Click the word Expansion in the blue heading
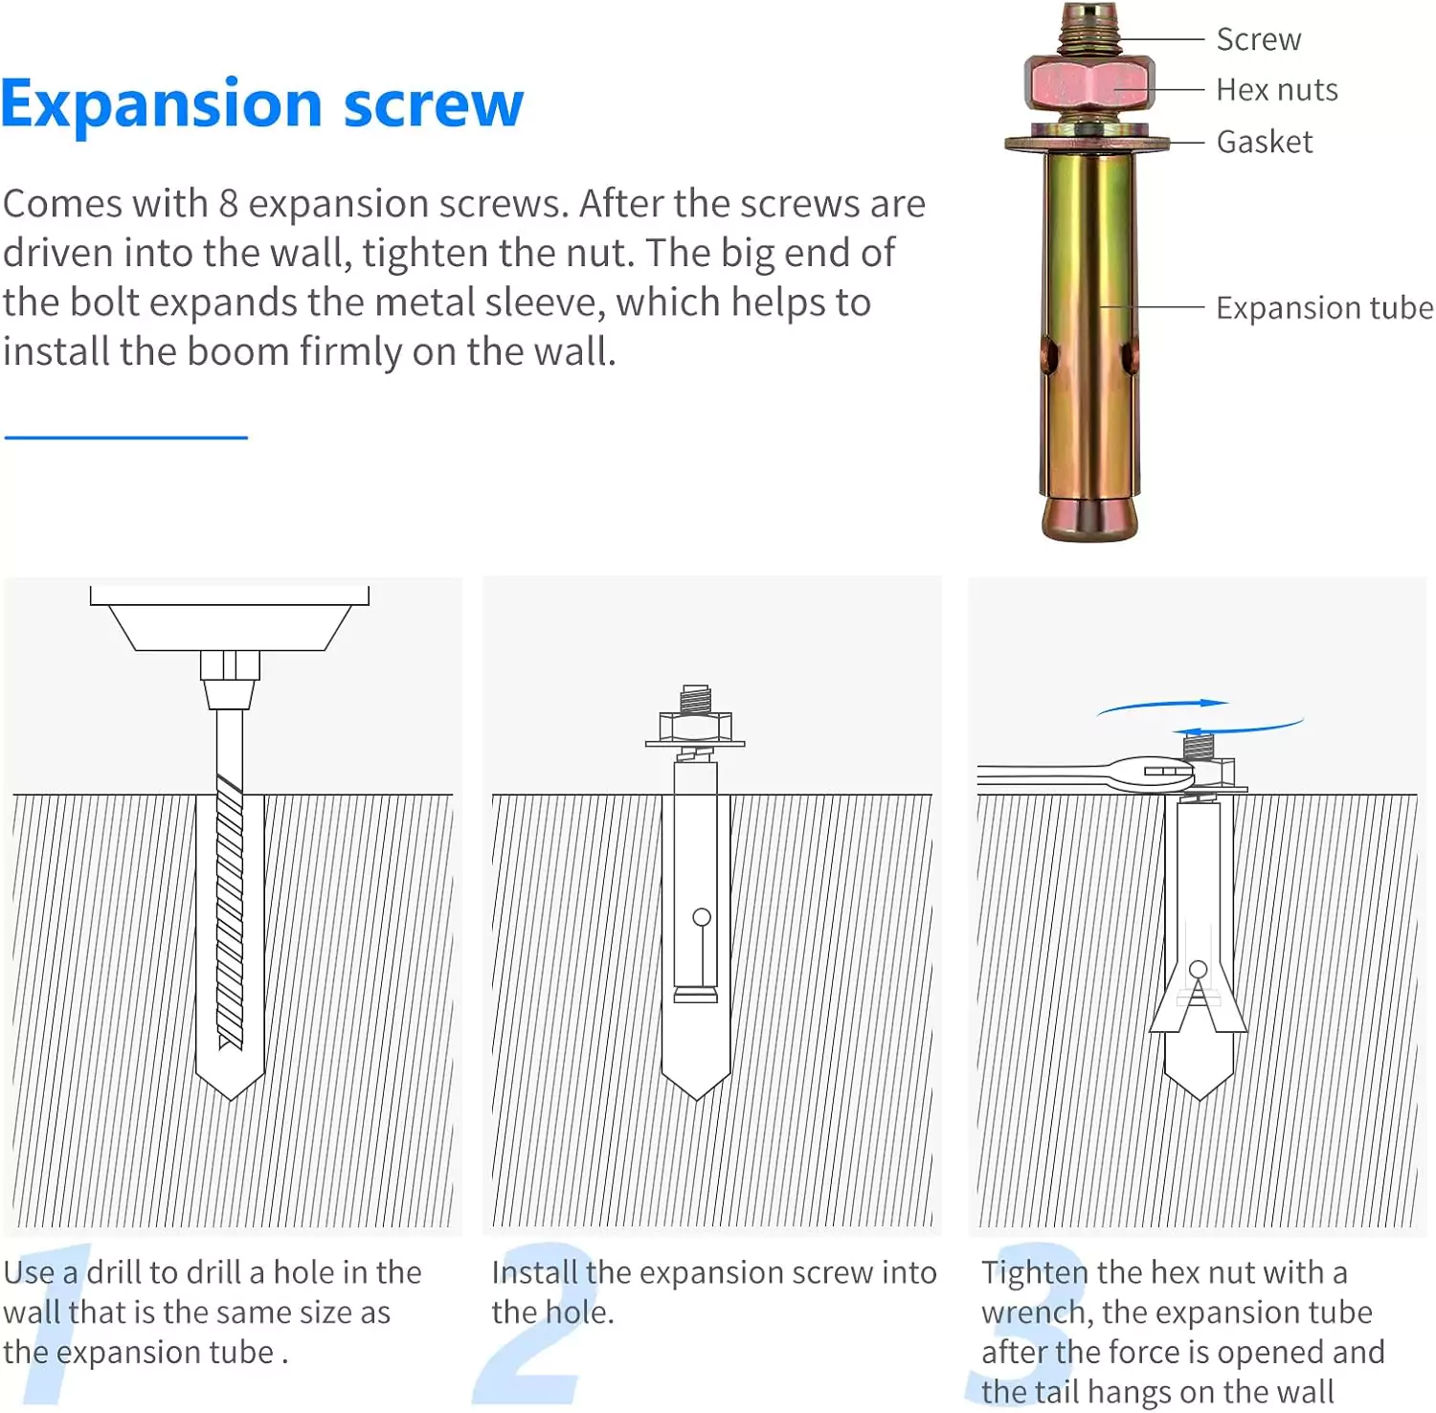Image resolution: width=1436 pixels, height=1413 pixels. (x=161, y=105)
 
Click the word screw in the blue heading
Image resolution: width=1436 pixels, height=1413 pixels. (x=434, y=105)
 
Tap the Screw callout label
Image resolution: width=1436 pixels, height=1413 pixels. (x=1258, y=39)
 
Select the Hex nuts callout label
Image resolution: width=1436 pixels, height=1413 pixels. (x=1277, y=90)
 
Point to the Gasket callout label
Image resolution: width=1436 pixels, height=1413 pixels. (x=1264, y=142)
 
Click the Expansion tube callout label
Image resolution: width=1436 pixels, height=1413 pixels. (x=1324, y=308)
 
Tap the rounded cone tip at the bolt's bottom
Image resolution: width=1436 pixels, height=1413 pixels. (x=1089, y=518)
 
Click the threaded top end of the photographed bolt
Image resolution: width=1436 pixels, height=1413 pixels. (x=1088, y=29)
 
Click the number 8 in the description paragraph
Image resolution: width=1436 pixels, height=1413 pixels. (x=228, y=204)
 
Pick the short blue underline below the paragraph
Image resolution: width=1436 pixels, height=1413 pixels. (x=126, y=437)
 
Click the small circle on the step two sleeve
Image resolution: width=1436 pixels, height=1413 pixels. (x=702, y=918)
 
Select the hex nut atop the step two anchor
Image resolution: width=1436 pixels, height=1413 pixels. (x=695, y=727)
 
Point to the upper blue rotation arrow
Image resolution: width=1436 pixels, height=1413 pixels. (x=1163, y=706)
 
